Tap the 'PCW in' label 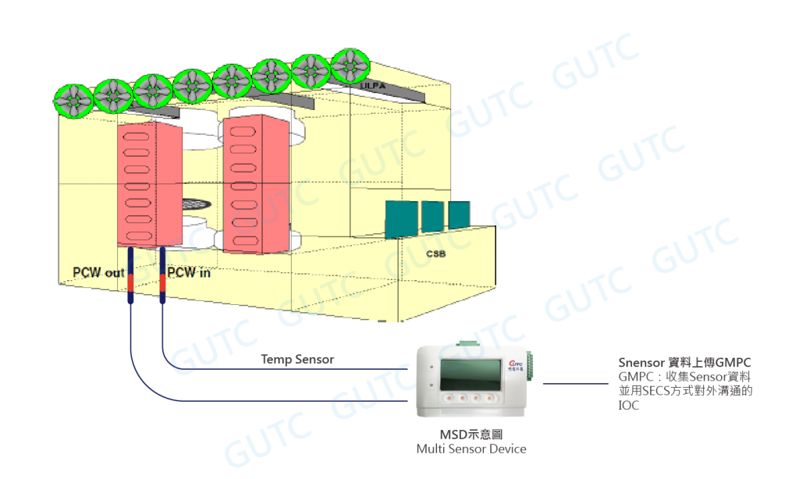(190, 272)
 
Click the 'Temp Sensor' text (297, 360)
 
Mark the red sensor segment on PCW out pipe (131, 285)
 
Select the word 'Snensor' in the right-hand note (637, 362)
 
